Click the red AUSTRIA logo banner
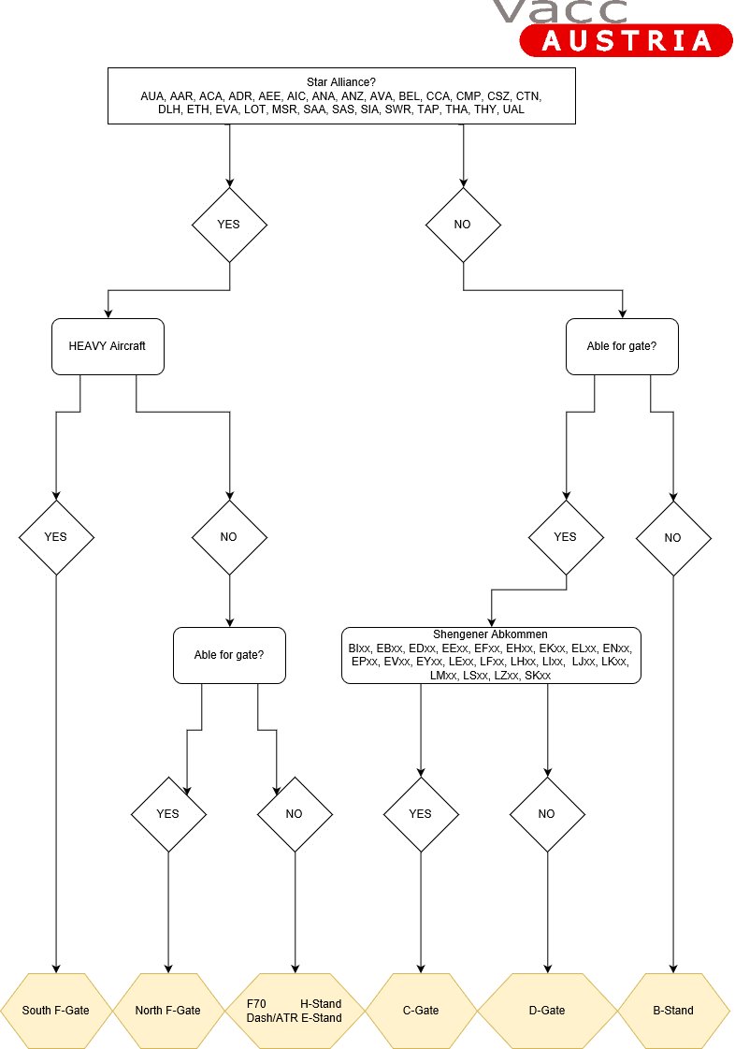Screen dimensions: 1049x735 [x=627, y=40]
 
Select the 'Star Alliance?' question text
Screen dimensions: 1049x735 [x=341, y=82]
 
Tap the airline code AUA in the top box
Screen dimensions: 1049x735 [x=151, y=96]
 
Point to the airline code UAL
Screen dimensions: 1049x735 [x=513, y=109]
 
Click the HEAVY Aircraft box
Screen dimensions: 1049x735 [x=108, y=346]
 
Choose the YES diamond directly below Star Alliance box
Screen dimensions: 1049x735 [x=229, y=225]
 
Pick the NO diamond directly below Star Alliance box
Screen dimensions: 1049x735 [x=463, y=225]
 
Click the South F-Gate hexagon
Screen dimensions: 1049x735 [x=56, y=1011]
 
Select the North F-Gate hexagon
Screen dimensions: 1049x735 [x=168, y=1011]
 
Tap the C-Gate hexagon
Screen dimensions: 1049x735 [x=421, y=1011]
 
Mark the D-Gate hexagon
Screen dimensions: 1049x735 [x=547, y=1011]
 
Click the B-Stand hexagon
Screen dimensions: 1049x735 [x=673, y=1011]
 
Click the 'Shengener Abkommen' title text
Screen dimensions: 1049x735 [x=490, y=634]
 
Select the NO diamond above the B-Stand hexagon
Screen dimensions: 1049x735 [x=673, y=538]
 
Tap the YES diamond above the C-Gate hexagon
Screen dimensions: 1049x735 [x=421, y=814]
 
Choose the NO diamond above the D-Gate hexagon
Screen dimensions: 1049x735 [x=547, y=814]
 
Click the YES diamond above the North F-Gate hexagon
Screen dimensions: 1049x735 [x=168, y=814]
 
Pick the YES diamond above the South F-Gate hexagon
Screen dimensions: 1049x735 [x=56, y=538]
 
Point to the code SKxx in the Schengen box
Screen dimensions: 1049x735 [x=538, y=676]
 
